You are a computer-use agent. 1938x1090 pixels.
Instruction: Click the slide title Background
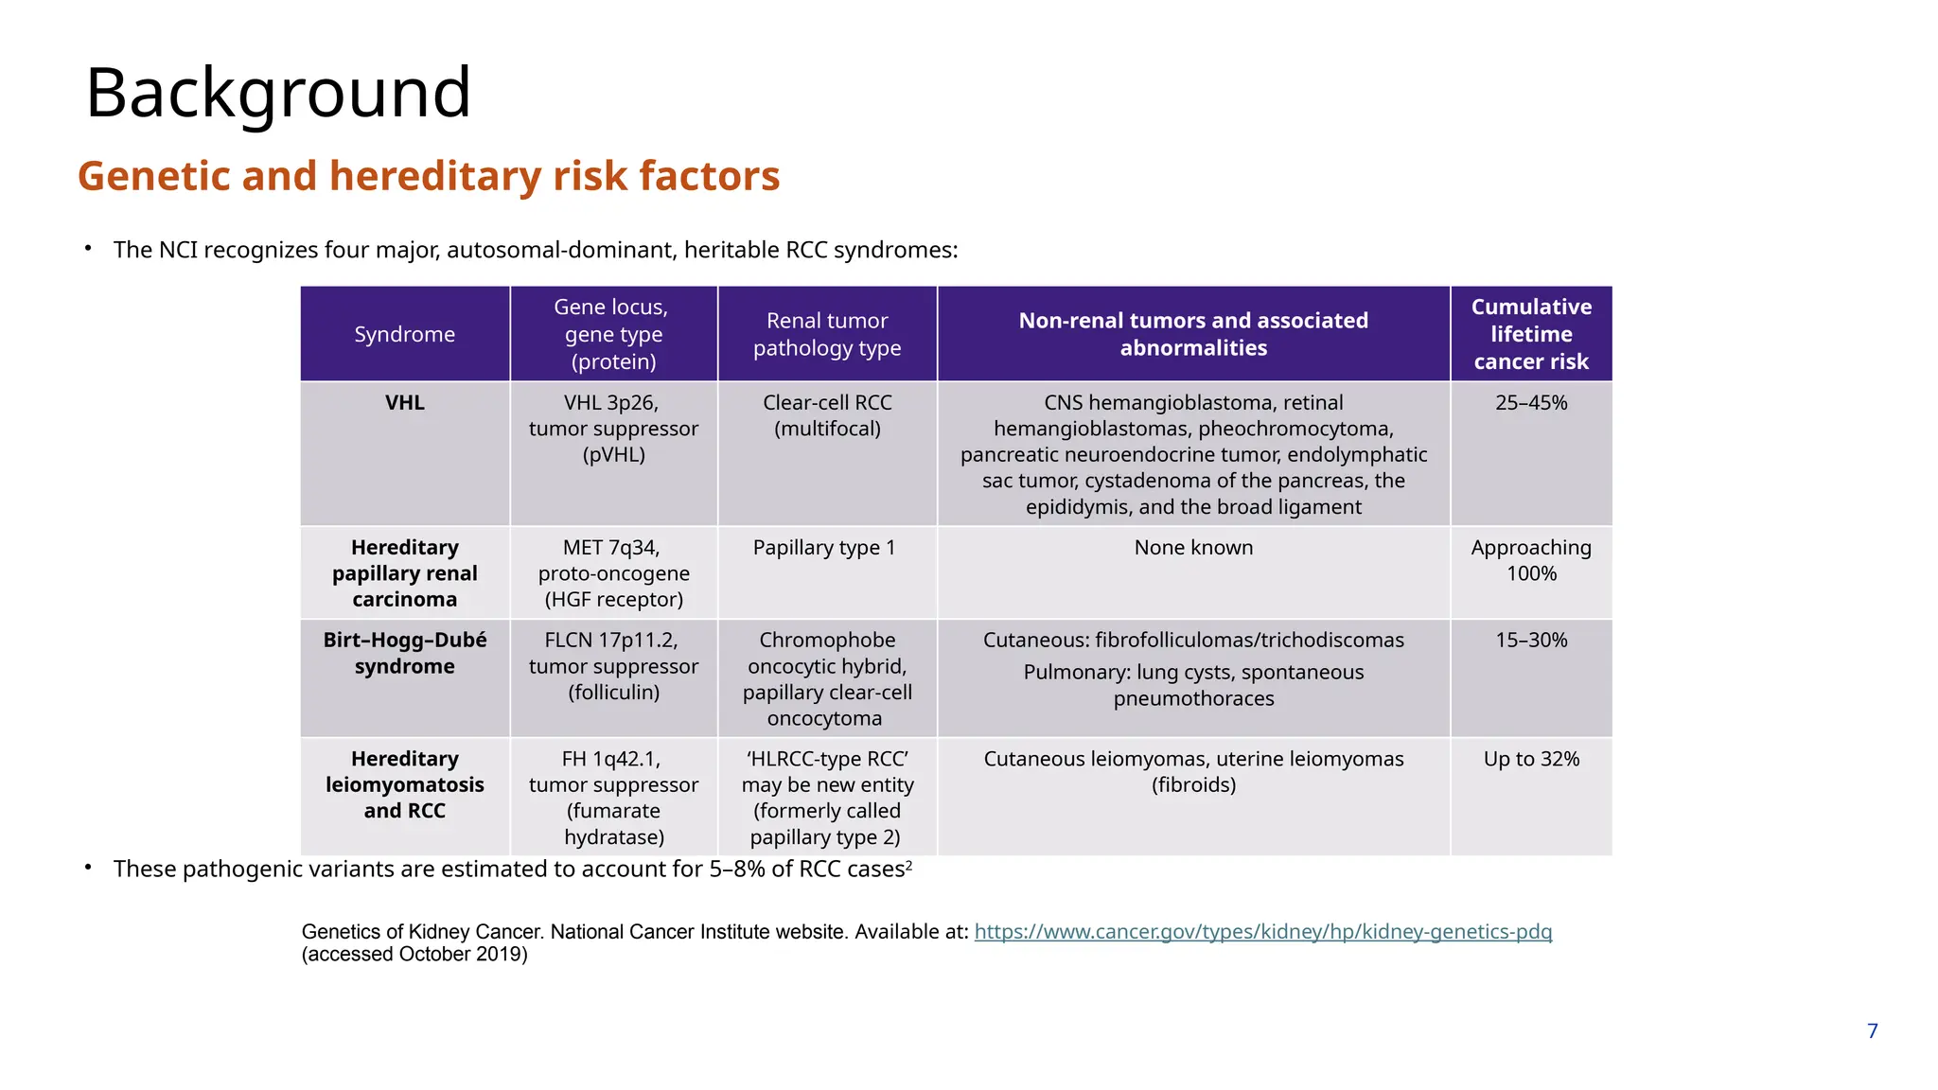tap(278, 93)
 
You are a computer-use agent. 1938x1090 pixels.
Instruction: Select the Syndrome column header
tap(404, 334)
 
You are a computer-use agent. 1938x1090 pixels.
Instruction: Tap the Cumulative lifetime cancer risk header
tap(1530, 334)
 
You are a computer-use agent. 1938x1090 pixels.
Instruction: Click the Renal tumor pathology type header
tap(827, 334)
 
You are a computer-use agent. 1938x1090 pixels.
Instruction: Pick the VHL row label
tap(404, 403)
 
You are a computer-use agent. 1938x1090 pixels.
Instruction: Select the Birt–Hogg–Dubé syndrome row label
tap(404, 653)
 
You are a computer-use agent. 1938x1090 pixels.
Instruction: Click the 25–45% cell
tap(1530, 403)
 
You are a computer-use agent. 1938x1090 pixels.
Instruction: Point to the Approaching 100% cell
tap(1530, 560)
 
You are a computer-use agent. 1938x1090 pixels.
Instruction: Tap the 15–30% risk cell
tap(1530, 641)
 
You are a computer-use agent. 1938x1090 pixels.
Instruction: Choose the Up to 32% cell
tap(1530, 759)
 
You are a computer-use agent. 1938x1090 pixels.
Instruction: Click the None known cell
tap(1192, 548)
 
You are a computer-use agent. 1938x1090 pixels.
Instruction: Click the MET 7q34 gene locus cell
tap(613, 573)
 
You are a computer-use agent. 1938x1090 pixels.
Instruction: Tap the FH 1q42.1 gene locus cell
tap(613, 798)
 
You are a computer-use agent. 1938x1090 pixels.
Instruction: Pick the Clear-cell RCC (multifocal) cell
tap(827, 415)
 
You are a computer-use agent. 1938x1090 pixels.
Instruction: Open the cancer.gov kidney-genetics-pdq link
tap(1262, 932)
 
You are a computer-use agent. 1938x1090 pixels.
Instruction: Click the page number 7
tap(1872, 1031)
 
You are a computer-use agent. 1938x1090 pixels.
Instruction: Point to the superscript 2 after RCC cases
tap(909, 864)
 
